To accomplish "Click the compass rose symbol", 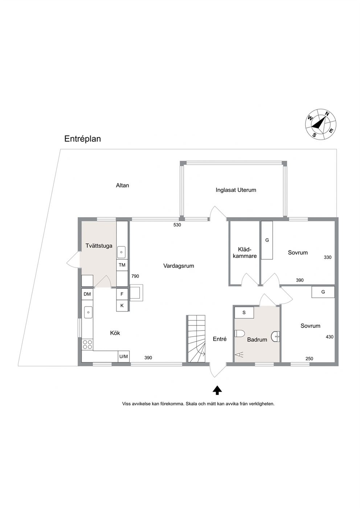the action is (x=321, y=124).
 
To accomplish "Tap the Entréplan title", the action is (x=82, y=139).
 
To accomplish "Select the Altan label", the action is (x=123, y=185).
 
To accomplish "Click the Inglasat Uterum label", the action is (x=236, y=190).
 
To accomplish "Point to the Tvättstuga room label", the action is (x=99, y=246).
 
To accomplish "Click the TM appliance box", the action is (x=122, y=265).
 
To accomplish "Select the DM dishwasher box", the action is (x=87, y=294).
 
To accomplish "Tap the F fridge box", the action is (x=122, y=294).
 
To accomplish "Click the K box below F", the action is (x=122, y=305).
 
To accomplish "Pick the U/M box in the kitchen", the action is (x=124, y=357).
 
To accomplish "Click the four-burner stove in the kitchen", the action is (x=87, y=344).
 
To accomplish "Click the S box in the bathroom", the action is (x=244, y=313).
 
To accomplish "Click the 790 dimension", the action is (x=135, y=276).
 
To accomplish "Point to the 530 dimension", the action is (x=177, y=225).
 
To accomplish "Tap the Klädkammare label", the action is (x=244, y=253).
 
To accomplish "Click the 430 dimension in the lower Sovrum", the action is (x=330, y=337).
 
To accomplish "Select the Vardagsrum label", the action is (x=179, y=266).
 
